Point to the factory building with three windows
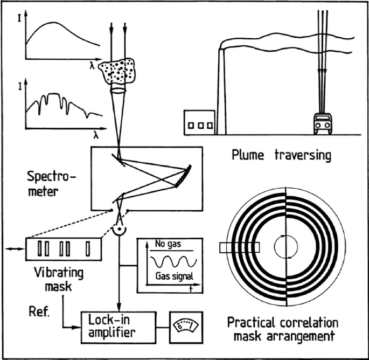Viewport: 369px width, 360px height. pyautogui.click(x=200, y=124)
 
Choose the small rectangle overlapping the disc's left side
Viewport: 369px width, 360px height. pyautogui.click(x=239, y=248)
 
